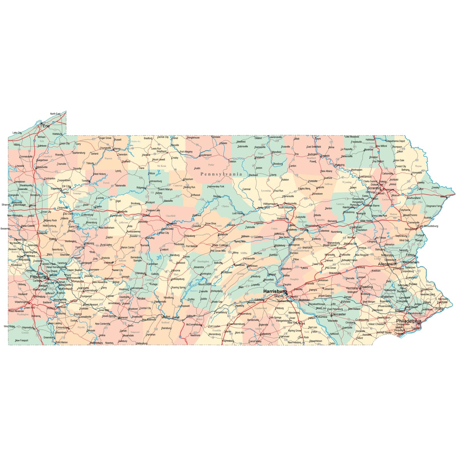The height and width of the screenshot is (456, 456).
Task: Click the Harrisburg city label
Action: [x=275, y=291]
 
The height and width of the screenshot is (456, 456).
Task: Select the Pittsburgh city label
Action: [x=39, y=277]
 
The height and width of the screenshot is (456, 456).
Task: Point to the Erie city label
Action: [x=46, y=126]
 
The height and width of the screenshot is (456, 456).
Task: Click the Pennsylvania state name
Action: [x=221, y=174]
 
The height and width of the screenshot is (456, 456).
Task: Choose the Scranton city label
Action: [x=374, y=188]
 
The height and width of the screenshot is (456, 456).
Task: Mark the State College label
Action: [x=220, y=245]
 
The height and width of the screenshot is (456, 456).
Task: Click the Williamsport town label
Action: [x=270, y=204]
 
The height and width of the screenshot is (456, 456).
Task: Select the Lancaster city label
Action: [x=338, y=314]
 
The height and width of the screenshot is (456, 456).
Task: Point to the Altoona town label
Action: [x=175, y=270]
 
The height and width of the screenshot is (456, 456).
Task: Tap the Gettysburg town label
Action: [x=265, y=334]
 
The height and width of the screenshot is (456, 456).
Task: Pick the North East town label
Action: [x=55, y=114]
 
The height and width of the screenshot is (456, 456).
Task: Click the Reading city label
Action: [x=366, y=287]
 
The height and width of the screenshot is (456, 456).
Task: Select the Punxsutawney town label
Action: [x=134, y=232]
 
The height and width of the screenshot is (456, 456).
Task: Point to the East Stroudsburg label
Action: [x=428, y=226]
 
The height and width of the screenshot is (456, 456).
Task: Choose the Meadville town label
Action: [x=42, y=167]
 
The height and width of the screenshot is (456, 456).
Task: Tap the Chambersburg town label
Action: [x=236, y=324]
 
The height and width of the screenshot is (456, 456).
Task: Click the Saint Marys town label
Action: [x=165, y=189]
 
